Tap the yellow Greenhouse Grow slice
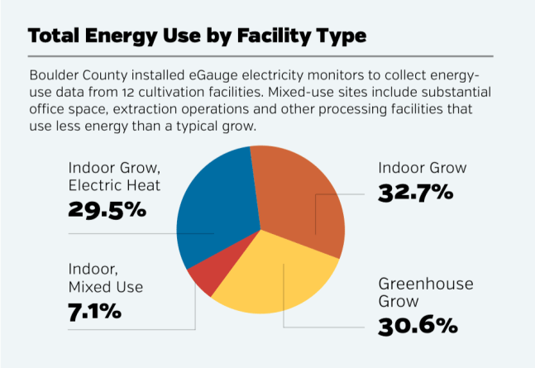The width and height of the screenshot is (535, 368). pos(273,281)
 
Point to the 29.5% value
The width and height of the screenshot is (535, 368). pos(107,208)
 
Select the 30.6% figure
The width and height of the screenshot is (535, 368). pos(418,325)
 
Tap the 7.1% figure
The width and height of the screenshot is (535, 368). pos(94,312)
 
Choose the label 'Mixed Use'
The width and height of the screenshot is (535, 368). pos(106,288)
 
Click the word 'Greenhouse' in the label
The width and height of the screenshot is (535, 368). pos(426,284)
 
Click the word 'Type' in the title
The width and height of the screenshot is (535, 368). pos(341,38)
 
